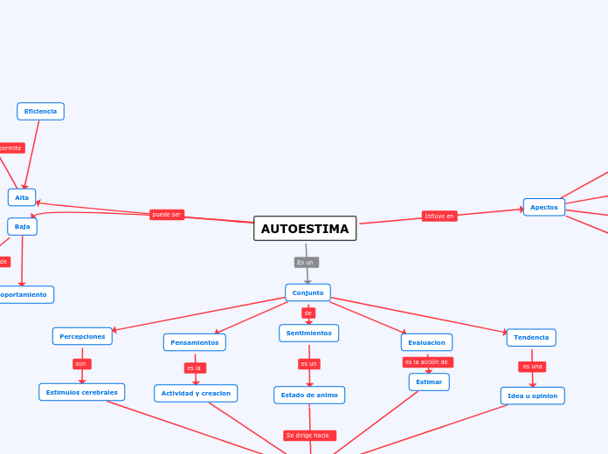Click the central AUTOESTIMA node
[305, 229]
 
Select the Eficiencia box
[40, 112]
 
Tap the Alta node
[22, 197]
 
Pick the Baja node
[22, 227]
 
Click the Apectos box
[544, 207]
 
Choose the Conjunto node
[307, 292]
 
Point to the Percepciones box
[82, 336]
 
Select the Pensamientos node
[195, 342]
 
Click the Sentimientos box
[308, 334]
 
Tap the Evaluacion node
[426, 342]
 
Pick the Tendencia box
[531, 338]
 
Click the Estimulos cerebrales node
[81, 392]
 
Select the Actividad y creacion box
[196, 393]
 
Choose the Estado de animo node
[309, 396]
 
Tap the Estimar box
[429, 382]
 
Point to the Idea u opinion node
[533, 396]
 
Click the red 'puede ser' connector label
[167, 215]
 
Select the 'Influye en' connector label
[439, 216]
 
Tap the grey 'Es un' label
[306, 262]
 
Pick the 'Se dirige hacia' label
[309, 435]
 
